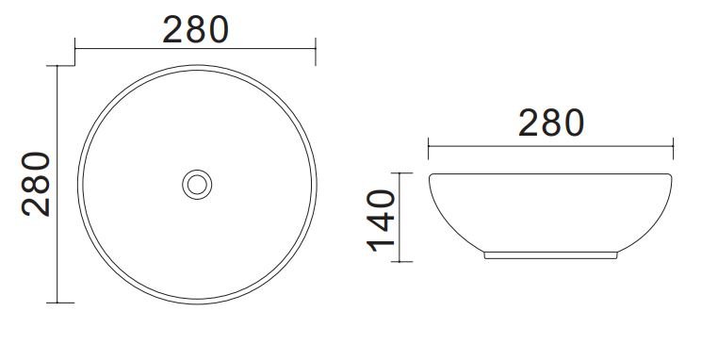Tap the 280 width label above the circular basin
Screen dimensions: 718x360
click(196, 29)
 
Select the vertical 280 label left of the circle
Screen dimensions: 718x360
click(36, 184)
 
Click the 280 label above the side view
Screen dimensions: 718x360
click(551, 123)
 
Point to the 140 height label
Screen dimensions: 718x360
click(381, 221)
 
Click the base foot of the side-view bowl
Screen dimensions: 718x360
click(550, 255)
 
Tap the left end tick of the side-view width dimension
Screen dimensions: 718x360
click(428, 148)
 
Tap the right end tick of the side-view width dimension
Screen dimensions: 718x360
click(673, 148)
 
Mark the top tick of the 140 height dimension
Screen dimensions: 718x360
click(402, 173)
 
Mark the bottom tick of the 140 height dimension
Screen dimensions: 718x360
click(402, 262)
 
